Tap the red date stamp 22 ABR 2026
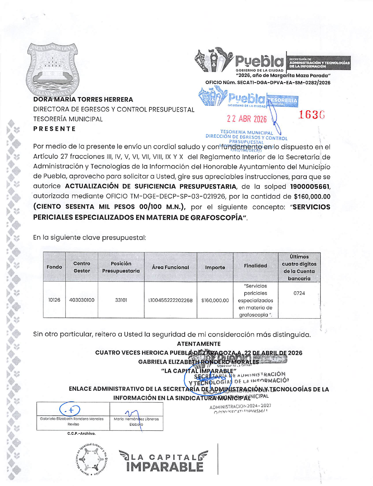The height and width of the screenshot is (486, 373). coord(247,119)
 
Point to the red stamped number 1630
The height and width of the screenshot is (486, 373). coord(311,115)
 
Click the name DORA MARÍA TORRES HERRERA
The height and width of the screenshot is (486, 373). coord(83,100)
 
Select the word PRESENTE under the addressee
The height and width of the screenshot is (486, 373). coord(55,129)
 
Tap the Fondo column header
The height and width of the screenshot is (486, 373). coord(54,267)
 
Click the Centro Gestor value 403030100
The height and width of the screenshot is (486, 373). coord(82,300)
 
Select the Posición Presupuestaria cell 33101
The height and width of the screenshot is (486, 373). coord(121,300)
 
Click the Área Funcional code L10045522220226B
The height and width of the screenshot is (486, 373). coord(170,300)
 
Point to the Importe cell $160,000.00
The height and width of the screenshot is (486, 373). coord(215,300)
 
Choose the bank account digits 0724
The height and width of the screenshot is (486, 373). coord(299,293)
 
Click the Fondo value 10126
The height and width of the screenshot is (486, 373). coord(54,300)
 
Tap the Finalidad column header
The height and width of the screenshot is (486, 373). coord(255,266)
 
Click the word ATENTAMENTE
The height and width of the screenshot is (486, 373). coord(199,344)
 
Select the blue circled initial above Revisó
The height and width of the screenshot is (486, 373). coord(70,409)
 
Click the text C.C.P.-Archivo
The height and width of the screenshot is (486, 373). coord(81,433)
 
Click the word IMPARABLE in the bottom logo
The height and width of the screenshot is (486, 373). coord(165,467)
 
